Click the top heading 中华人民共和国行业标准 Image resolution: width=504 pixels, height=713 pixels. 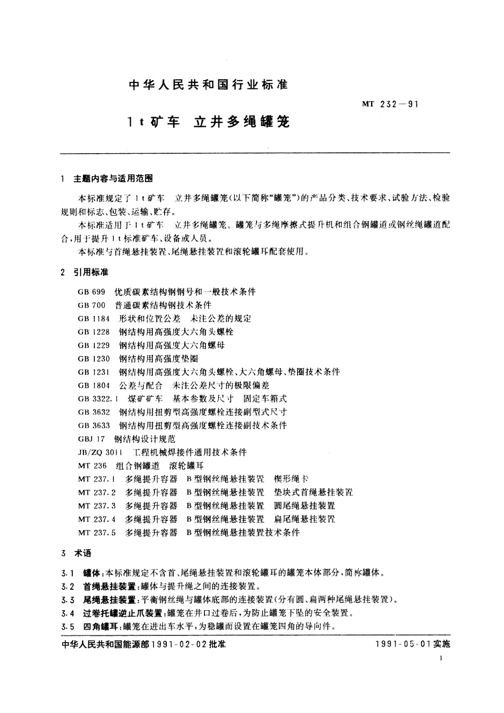tap(208, 85)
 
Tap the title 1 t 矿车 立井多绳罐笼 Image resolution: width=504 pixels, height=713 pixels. tap(209, 122)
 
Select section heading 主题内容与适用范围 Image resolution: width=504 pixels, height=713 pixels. tap(113, 179)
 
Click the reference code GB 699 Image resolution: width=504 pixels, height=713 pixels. tap(92, 292)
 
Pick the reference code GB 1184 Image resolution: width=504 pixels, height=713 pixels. tap(94, 318)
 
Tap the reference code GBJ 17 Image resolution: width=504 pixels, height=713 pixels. tap(91, 439)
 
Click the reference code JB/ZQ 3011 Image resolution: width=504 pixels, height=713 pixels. tap(102, 452)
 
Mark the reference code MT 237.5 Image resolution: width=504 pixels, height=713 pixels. tap(97, 533)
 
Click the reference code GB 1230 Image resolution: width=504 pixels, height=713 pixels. tap(94, 359)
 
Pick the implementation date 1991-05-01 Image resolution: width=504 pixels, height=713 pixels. tap(400, 645)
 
